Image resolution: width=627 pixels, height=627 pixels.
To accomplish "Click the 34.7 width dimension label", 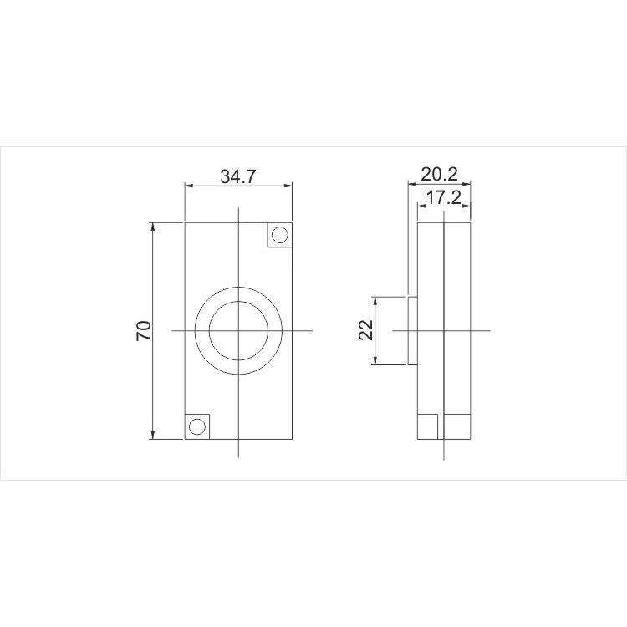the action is [237, 176].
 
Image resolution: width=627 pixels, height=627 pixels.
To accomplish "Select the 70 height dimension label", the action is [144, 331].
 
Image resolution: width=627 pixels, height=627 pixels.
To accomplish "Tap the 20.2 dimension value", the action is [439, 175].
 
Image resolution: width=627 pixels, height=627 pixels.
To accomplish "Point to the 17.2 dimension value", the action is [443, 197].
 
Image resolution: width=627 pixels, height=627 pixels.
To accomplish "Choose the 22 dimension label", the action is [366, 330].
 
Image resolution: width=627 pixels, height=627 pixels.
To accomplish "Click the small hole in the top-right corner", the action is [279, 235].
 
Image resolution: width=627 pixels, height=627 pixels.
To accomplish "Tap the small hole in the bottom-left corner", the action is [196, 426].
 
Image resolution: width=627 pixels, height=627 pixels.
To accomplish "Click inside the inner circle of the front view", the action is [238, 331].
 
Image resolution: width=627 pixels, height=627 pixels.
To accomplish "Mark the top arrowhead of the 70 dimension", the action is [153, 227].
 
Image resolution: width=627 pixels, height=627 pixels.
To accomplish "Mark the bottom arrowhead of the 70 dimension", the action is [153, 435].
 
